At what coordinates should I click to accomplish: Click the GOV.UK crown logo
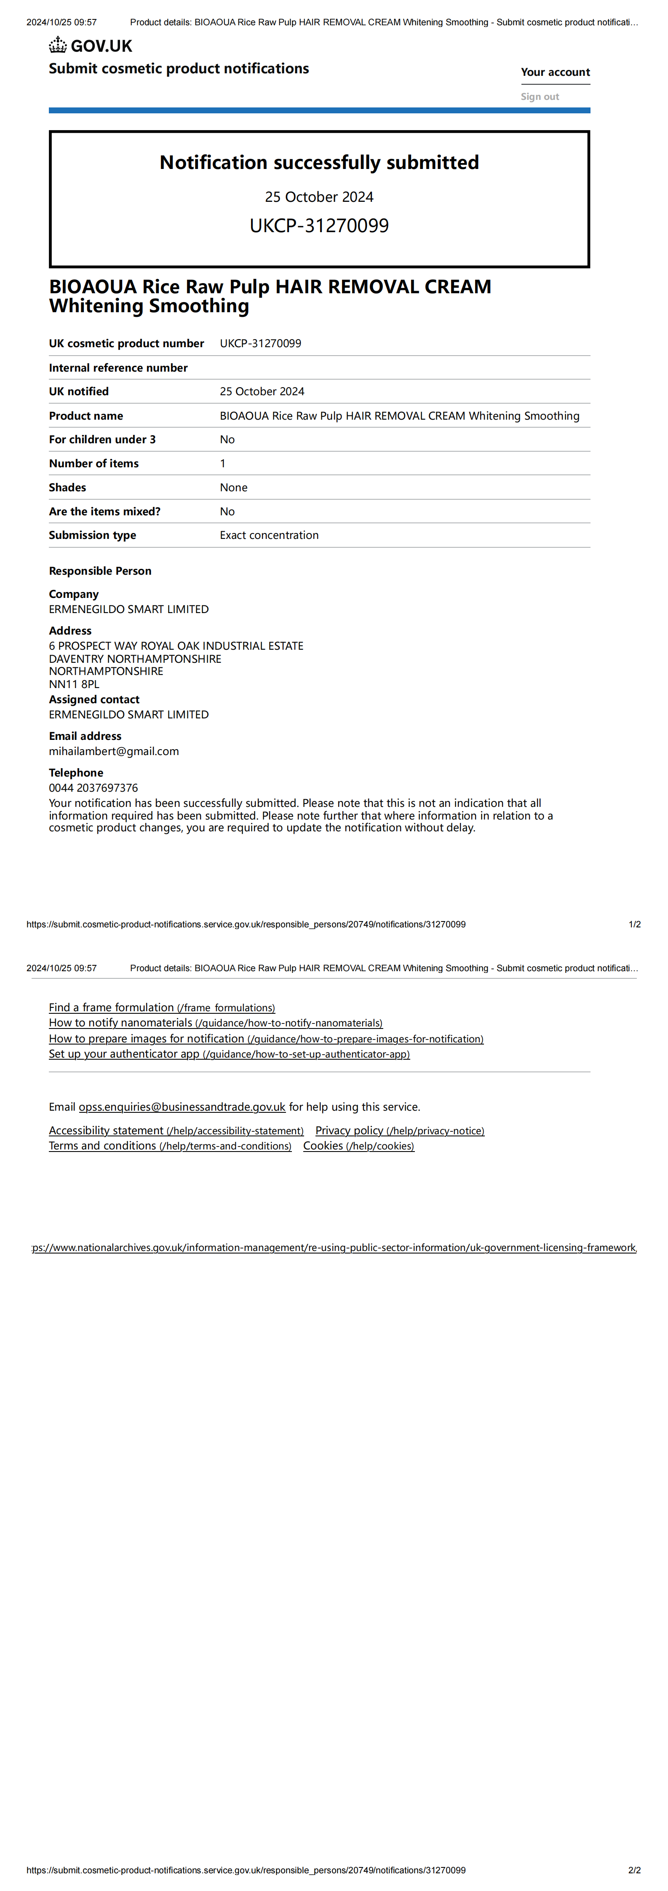pyautogui.click(x=58, y=46)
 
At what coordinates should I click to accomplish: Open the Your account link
pyautogui.click(x=555, y=72)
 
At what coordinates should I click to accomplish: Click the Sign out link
pyautogui.click(x=540, y=96)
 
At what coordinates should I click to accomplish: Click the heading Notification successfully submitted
pyautogui.click(x=319, y=162)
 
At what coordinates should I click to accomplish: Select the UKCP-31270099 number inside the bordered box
pyautogui.click(x=319, y=225)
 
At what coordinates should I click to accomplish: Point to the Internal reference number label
pyautogui.click(x=118, y=368)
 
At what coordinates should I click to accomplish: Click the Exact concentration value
pyautogui.click(x=269, y=535)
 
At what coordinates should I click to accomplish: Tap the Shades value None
pyautogui.click(x=233, y=487)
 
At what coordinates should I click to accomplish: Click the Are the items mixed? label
pyautogui.click(x=104, y=512)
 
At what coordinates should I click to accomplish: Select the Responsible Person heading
pyautogui.click(x=100, y=571)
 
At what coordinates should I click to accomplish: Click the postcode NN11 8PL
pyautogui.click(x=74, y=684)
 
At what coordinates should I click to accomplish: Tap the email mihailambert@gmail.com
pyautogui.click(x=114, y=751)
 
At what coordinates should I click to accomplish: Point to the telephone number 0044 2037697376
pyautogui.click(x=93, y=787)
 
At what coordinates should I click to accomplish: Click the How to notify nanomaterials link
pyautogui.click(x=215, y=1023)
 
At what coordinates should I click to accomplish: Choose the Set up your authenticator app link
pyautogui.click(x=229, y=1054)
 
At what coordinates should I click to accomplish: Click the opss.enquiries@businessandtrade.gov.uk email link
pyautogui.click(x=182, y=1107)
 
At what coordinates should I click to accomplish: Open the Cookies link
pyautogui.click(x=358, y=1146)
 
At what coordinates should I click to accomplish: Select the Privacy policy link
pyautogui.click(x=399, y=1130)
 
